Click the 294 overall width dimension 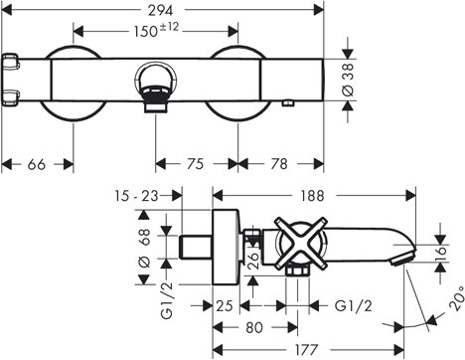160,11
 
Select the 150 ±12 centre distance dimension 156,31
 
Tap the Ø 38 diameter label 348,81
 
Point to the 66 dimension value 37,164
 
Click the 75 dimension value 196,164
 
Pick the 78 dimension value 279,164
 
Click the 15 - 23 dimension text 137,196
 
